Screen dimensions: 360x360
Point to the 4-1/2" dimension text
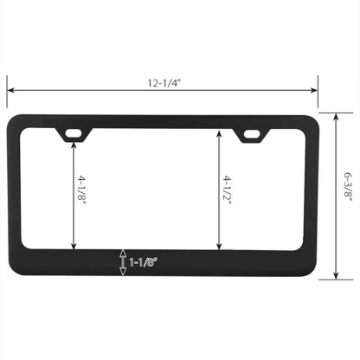(228, 187)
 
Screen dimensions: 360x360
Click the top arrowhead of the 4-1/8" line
(75, 143)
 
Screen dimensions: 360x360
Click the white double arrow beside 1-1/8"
(123, 260)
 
